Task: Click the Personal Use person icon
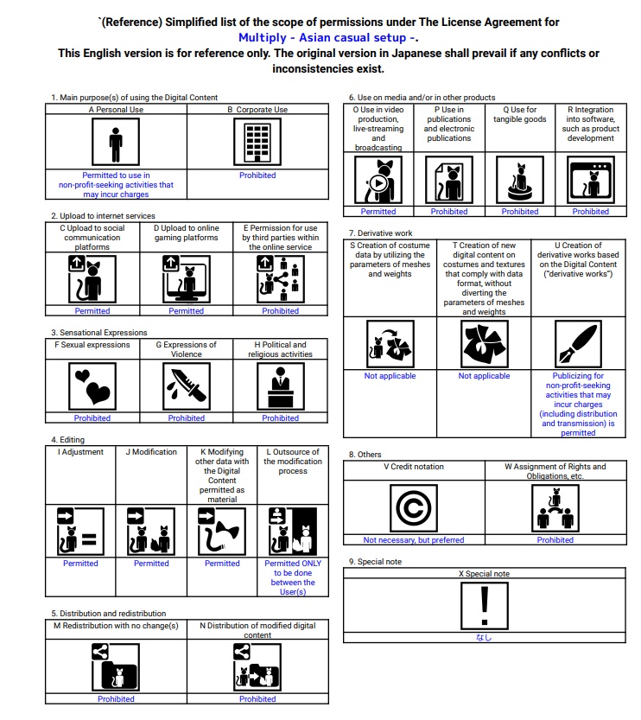(116, 143)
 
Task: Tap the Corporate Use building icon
(257, 143)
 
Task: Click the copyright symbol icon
(414, 508)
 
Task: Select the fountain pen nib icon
(578, 344)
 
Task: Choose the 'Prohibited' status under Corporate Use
(257, 175)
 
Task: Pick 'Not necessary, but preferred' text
(414, 540)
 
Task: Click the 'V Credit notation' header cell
(414, 467)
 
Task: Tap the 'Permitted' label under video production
(378, 212)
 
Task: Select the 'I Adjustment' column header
(80, 452)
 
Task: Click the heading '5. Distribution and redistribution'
(108, 614)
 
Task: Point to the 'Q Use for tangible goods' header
(519, 115)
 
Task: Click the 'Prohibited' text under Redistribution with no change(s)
(116, 699)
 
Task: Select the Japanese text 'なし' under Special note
(484, 638)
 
